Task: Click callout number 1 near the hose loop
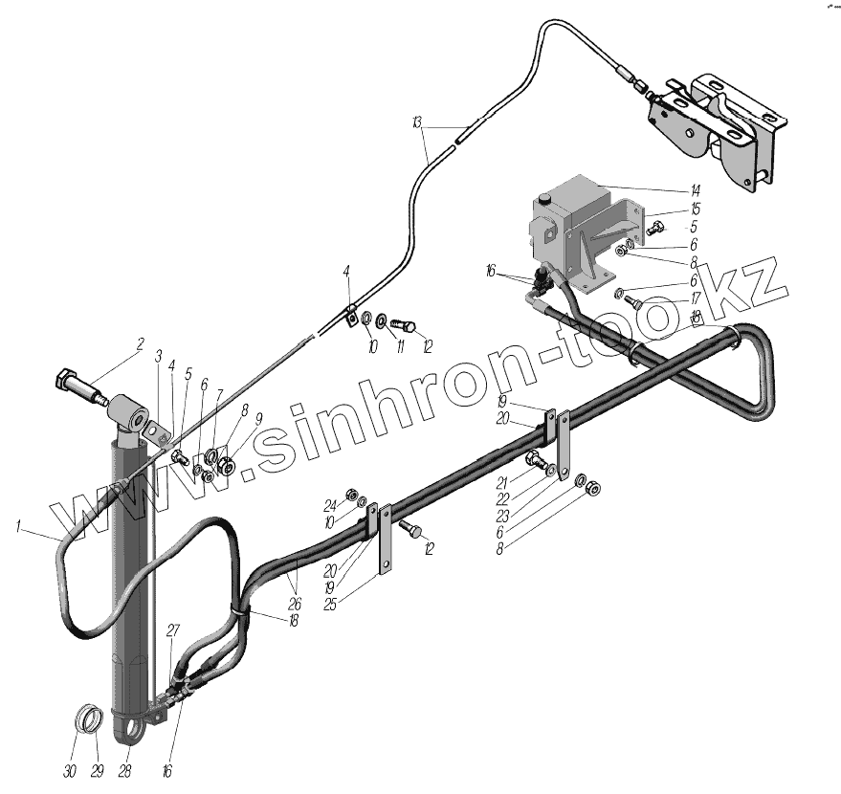[21, 524]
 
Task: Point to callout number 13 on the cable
[417, 122]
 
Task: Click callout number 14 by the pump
[696, 190]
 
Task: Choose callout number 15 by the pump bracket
[696, 210]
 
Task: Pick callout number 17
[696, 298]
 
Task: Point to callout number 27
[173, 629]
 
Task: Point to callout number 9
[257, 417]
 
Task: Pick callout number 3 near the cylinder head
[159, 356]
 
